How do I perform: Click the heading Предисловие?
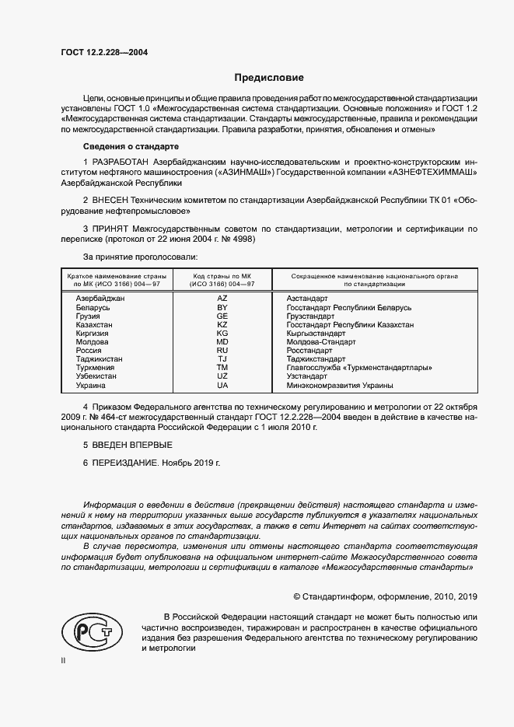point(270,78)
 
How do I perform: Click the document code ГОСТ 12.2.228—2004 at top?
point(104,52)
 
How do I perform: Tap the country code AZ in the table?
point(222,299)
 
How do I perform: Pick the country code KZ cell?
point(222,324)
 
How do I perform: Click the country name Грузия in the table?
point(87,316)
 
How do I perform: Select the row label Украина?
point(90,385)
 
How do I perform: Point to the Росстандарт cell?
point(312,351)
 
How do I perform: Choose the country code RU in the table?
point(222,351)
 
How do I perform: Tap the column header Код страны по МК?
point(222,281)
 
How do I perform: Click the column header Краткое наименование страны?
point(114,281)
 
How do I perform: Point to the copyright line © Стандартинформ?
point(385,596)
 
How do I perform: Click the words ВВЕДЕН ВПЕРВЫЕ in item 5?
point(131,444)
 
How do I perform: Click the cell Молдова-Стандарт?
point(321,342)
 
